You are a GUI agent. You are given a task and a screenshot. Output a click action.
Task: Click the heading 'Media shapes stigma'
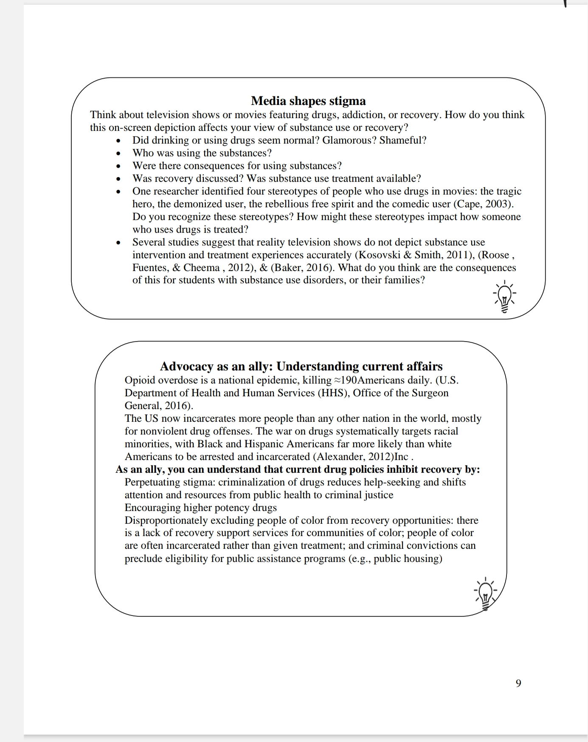[x=308, y=101]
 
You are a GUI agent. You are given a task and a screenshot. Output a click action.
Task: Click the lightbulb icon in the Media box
[x=504, y=296]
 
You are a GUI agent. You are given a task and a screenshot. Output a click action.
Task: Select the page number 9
[x=518, y=683]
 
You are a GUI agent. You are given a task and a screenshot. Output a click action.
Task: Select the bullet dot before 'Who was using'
[x=118, y=153]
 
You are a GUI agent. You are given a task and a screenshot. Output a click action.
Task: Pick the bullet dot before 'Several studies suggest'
[x=118, y=243]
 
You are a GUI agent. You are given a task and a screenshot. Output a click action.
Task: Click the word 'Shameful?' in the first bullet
[x=403, y=140]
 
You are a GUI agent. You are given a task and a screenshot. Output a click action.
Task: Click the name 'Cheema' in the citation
[x=201, y=268]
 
